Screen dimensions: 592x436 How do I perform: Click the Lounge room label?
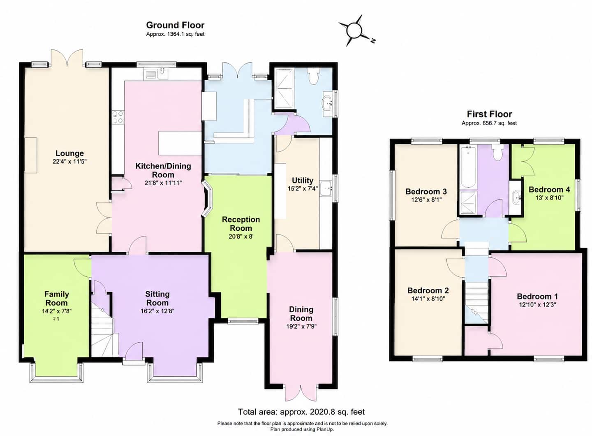tap(69, 153)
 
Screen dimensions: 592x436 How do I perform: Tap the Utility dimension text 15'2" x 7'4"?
tap(303, 188)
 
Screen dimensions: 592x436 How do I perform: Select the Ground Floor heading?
tap(175, 25)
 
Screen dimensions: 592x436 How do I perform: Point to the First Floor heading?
tap(490, 114)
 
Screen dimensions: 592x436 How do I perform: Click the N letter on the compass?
tap(372, 40)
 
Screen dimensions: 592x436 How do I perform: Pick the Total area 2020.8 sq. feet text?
tap(301, 412)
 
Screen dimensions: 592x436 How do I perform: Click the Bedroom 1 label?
tap(538, 297)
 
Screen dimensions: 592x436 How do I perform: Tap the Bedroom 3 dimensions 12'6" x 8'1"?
tap(426, 199)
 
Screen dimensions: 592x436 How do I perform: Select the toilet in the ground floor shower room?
tap(314, 75)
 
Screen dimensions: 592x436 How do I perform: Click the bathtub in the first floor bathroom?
tap(468, 167)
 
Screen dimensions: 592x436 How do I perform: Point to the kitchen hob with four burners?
tap(118, 117)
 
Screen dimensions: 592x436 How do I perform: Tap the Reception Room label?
tap(241, 224)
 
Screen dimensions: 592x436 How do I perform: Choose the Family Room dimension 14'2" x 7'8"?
tap(57, 311)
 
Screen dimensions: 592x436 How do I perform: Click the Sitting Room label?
tap(157, 298)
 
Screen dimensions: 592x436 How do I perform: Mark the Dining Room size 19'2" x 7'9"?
tap(301, 327)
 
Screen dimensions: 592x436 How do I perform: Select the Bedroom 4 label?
tap(549, 190)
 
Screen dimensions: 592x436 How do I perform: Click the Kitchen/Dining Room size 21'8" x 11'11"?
tap(163, 183)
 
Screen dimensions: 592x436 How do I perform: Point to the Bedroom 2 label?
tap(428, 290)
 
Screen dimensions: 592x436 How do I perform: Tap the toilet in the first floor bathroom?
tap(498, 153)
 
